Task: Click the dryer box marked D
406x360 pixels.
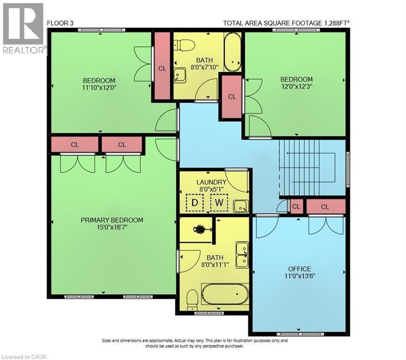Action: [194, 203]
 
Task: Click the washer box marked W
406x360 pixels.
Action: [218, 203]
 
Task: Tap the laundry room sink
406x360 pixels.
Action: [241, 205]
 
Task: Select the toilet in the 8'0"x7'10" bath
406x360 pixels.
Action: [184, 45]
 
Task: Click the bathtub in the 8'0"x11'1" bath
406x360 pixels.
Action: [225, 294]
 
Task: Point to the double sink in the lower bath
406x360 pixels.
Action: [242, 255]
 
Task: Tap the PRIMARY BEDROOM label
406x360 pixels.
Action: [112, 220]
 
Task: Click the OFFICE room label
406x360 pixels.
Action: [300, 269]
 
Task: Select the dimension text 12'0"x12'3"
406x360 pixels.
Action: [296, 86]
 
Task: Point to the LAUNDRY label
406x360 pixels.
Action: [211, 182]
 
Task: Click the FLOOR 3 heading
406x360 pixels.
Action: [60, 22]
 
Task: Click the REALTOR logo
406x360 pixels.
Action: [23, 28]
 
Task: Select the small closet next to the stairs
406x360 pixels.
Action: [296, 206]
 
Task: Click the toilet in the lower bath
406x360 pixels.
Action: [192, 300]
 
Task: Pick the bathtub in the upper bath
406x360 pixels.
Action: [232, 51]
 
